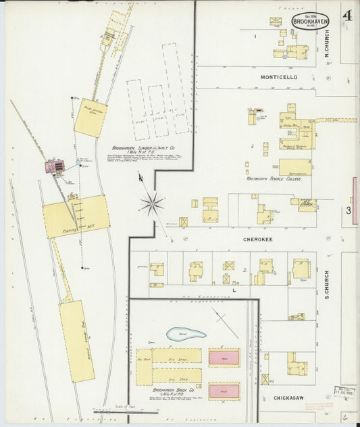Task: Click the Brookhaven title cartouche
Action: tap(310, 20)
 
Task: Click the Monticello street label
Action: tap(279, 78)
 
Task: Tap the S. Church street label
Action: tap(326, 284)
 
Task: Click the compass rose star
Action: tap(152, 202)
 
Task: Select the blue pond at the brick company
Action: tap(186, 334)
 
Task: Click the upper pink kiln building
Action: tap(224, 357)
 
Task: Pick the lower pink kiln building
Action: tap(224, 391)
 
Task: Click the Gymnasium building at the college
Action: tap(295, 167)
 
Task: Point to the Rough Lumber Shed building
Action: tap(91, 118)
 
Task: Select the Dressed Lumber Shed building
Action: tap(76, 341)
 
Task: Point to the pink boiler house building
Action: tap(54, 165)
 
